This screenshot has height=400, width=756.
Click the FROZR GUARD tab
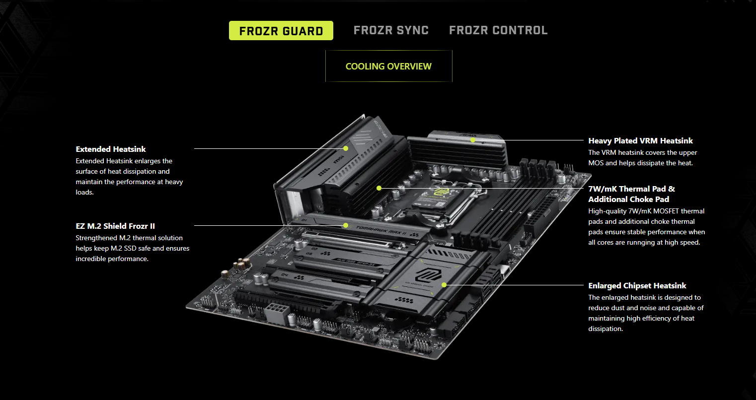click(x=281, y=31)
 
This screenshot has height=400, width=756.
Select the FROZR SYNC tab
click(x=391, y=30)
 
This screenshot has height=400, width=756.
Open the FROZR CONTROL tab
click(x=498, y=30)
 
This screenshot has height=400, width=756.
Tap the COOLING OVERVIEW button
click(x=388, y=66)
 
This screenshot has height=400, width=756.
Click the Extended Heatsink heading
click(x=111, y=149)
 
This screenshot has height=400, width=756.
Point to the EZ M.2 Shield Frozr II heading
click(x=115, y=226)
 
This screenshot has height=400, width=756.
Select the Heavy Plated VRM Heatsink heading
click(x=640, y=140)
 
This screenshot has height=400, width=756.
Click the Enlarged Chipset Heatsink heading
click(x=637, y=286)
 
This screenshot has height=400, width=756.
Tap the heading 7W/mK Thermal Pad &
click(x=631, y=189)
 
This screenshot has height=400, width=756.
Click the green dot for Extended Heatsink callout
click(x=346, y=148)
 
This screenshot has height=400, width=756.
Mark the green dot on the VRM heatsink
click(x=473, y=140)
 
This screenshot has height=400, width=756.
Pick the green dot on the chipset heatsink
click(x=444, y=285)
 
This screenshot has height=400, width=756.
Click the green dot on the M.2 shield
click(x=346, y=225)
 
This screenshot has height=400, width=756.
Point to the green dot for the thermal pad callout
click(x=379, y=188)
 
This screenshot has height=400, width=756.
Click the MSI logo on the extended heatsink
click(x=339, y=159)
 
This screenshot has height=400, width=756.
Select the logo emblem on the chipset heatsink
click(x=428, y=275)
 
